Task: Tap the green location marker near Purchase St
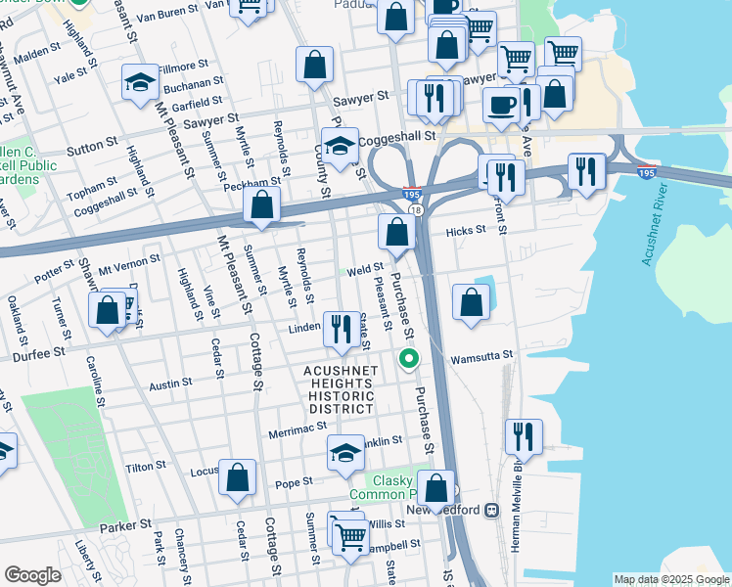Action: coord(409,361)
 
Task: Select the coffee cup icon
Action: coord(502,103)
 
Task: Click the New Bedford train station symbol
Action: coord(491,510)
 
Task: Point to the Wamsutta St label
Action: coord(481,359)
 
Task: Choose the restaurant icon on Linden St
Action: coord(341,328)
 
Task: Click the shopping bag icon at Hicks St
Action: coord(397,232)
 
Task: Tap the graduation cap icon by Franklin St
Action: coord(345,452)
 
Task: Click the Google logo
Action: coord(32,574)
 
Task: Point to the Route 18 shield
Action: coord(415,210)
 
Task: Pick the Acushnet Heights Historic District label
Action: coord(339,389)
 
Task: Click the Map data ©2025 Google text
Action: coord(671,579)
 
